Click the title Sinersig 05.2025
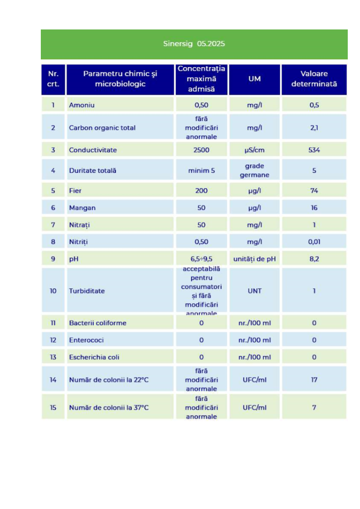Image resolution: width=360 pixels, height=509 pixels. click(194, 44)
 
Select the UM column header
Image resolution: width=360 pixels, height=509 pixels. click(254, 79)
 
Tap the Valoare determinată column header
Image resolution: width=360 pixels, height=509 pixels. click(314, 79)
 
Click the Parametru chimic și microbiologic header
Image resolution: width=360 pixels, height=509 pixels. click(120, 79)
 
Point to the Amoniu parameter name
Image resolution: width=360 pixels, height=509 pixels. click(82, 105)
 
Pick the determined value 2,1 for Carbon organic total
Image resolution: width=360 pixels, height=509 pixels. click(314, 128)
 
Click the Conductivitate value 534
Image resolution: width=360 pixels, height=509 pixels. click(314, 150)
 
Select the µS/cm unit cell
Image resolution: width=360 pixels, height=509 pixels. click(254, 150)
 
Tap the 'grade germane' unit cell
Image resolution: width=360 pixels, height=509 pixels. click(254, 170)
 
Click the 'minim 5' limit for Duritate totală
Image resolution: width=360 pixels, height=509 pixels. click(201, 171)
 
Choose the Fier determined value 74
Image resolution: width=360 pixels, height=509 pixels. click(314, 191)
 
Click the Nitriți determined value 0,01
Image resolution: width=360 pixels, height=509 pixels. click(314, 242)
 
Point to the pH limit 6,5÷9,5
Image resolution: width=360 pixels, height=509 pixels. click(201, 259)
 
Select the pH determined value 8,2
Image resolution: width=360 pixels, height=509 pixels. click(314, 259)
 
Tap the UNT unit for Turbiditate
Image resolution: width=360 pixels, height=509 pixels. click(254, 291)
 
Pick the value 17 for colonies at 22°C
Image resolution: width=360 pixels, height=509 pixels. click(314, 380)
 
